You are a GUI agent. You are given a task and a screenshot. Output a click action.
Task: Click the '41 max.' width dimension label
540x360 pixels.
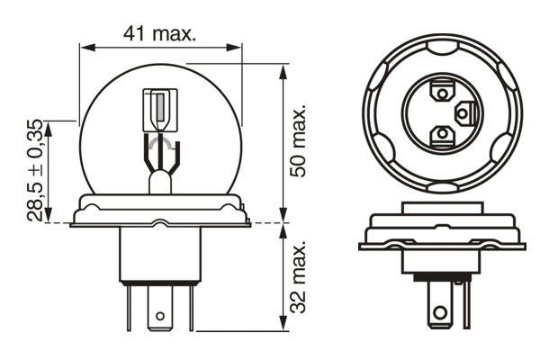[x=161, y=33]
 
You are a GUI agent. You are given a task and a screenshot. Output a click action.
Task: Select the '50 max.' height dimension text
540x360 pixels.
[x=301, y=139]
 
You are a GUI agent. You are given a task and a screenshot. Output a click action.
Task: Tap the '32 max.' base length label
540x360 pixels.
[x=301, y=273]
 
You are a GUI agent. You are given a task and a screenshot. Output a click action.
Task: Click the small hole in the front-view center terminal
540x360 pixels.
[x=161, y=316]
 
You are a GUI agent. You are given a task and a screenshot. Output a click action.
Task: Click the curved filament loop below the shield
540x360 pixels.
[x=161, y=143]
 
